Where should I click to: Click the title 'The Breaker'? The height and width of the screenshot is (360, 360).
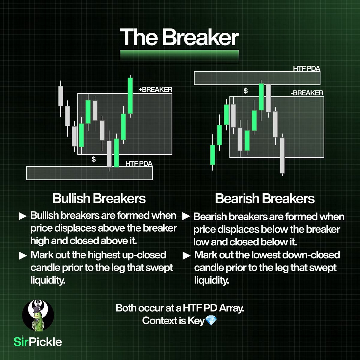(179, 37)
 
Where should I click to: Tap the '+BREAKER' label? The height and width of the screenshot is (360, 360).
(155, 89)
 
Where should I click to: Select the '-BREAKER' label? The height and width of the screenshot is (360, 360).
(307, 93)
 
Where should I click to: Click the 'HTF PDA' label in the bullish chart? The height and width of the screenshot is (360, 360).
(139, 163)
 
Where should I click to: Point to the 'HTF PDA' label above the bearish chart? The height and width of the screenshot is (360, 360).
(306, 69)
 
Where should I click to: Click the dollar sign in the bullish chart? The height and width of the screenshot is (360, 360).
(94, 159)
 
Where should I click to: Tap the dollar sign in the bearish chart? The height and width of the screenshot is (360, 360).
(246, 91)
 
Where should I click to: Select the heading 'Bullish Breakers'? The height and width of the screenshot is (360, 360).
(99, 198)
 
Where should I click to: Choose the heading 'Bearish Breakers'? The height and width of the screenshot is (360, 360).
(265, 199)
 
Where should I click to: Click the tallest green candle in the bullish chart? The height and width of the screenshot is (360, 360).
(130, 95)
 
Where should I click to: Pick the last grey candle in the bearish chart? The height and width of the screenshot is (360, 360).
(282, 155)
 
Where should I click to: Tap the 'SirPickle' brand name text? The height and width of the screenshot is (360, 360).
(38, 342)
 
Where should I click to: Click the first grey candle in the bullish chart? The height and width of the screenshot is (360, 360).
(61, 96)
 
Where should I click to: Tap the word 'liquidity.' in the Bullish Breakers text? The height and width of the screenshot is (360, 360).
(48, 280)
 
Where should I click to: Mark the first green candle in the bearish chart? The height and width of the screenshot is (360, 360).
(213, 154)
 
